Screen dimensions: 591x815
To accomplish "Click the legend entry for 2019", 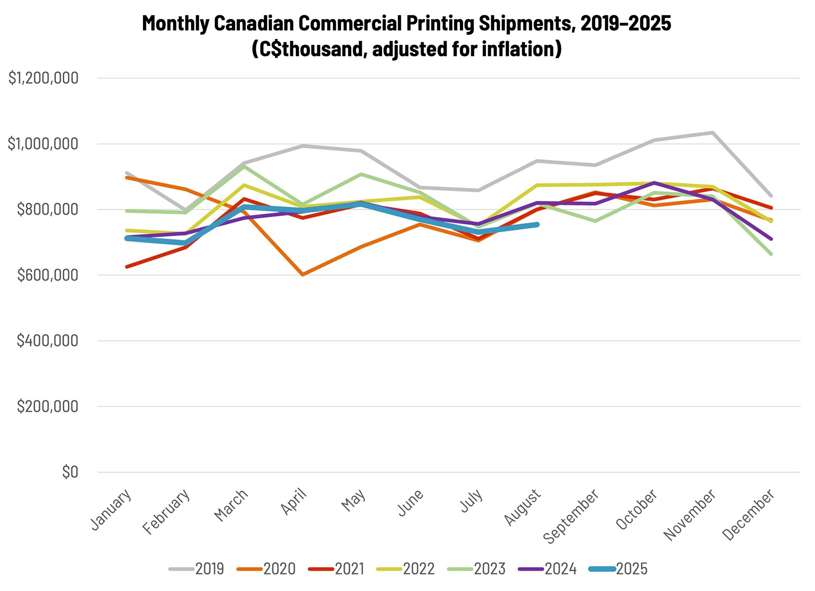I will pyautogui.click(x=197, y=569).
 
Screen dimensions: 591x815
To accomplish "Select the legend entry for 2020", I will pyautogui.click(x=267, y=569).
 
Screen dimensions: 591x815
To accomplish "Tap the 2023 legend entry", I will pyautogui.click(x=477, y=569).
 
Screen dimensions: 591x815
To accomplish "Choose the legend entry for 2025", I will pyautogui.click(x=619, y=569).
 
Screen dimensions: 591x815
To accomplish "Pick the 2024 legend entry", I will pyautogui.click(x=548, y=569).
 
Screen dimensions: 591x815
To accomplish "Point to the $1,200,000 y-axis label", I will pyautogui.click(x=44, y=78).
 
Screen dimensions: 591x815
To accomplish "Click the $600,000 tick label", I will pyautogui.click(x=48, y=275).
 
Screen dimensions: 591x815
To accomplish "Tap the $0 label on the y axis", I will pyautogui.click(x=70, y=472).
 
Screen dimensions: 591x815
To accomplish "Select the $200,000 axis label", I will pyautogui.click(x=48, y=406).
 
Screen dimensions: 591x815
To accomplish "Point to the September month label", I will pyautogui.click(x=571, y=516).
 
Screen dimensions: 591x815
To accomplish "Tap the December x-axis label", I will pyautogui.click(x=748, y=515).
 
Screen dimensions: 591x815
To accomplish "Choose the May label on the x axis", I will pyautogui.click(x=354, y=501).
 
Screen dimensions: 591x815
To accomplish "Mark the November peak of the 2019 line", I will pyautogui.click(x=713, y=132).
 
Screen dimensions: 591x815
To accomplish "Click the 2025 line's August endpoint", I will pyautogui.click(x=537, y=224).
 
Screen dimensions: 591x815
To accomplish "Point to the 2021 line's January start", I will pyautogui.click(x=127, y=267).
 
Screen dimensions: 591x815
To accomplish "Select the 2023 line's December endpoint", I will pyautogui.click(x=771, y=254).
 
